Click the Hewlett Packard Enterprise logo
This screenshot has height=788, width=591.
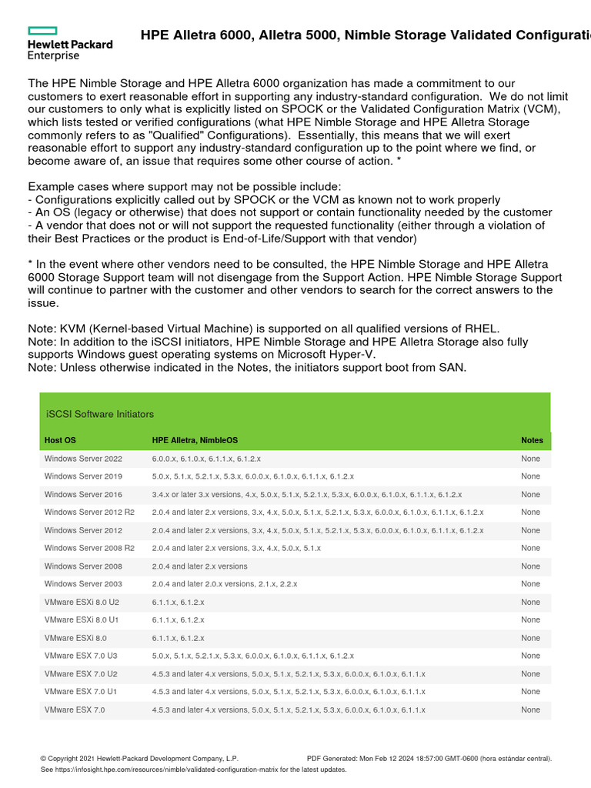click(69, 43)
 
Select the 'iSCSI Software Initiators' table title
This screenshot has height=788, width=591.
click(100, 414)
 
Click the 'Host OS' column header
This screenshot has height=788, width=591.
click(60, 440)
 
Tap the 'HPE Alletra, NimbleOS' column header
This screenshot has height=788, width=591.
click(195, 440)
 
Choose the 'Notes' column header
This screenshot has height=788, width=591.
click(532, 440)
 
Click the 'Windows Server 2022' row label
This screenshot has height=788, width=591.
click(83, 459)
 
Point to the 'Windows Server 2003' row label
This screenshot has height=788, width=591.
click(83, 584)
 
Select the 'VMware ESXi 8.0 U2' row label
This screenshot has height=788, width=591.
click(82, 602)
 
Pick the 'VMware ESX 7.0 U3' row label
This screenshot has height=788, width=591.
click(81, 656)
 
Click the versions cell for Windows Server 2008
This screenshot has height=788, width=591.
click(199, 566)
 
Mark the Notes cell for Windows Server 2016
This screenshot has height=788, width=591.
click(530, 495)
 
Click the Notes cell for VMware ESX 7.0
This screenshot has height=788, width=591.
click(530, 710)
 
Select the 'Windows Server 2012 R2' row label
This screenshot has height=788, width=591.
click(89, 513)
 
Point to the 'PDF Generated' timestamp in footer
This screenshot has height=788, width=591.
click(429, 759)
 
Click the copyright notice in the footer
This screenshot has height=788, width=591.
click(139, 759)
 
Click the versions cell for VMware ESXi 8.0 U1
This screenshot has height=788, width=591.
click(178, 619)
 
